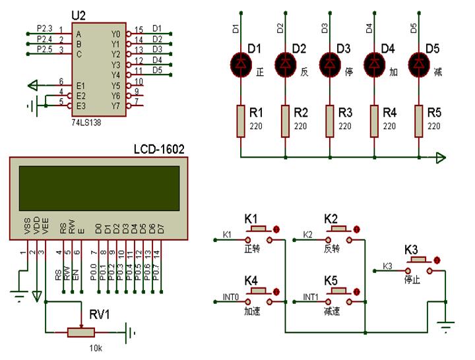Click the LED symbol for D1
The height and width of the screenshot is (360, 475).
coord(240,63)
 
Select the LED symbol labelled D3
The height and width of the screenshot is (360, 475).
coord(329,63)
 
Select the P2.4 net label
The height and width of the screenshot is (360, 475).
coord(44,39)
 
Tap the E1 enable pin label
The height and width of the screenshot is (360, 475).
coord(80,84)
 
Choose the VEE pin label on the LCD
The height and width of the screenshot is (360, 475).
coord(45,230)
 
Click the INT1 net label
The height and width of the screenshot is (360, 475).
coord(311,297)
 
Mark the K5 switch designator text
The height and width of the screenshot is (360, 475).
coord(331,280)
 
